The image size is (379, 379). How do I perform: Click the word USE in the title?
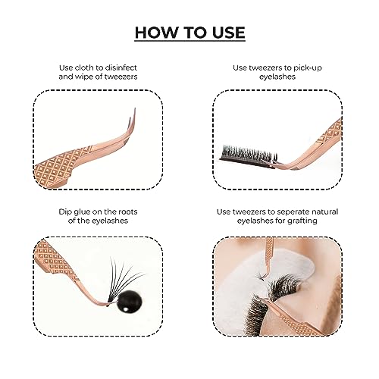click(229, 33)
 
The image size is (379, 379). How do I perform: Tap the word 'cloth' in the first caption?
click(86, 67)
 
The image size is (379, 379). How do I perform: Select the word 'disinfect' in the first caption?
click(121, 67)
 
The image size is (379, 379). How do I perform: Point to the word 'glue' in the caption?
click(81, 212)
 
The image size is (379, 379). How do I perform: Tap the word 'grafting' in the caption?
click(302, 221)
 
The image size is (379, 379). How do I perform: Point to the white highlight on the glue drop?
click(125, 309)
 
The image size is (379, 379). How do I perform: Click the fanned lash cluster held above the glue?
click(123, 278)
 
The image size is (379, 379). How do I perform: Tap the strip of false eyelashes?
click(248, 157)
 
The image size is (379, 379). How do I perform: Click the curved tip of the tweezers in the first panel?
click(133, 119)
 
